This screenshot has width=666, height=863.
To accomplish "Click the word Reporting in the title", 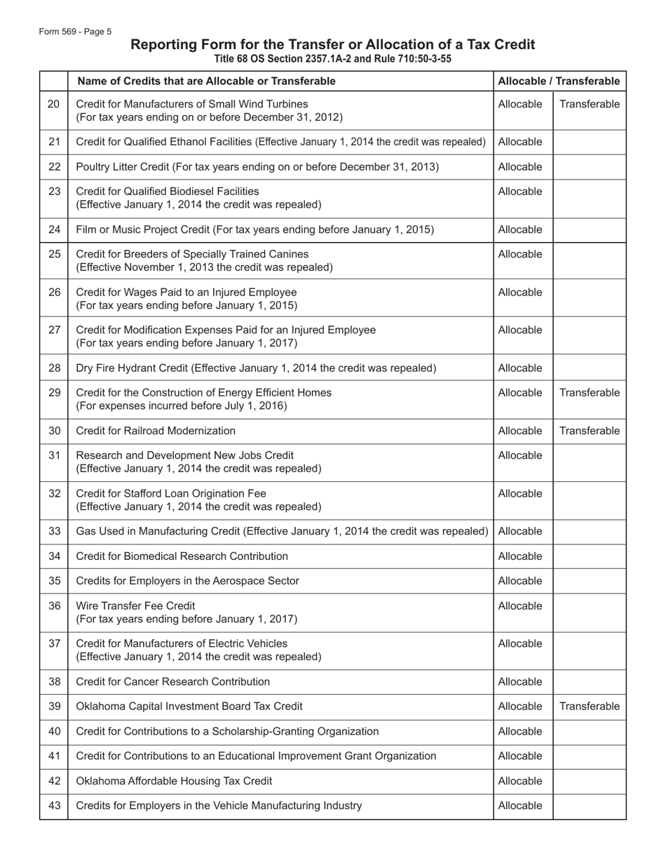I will pyautogui.click(x=163, y=45).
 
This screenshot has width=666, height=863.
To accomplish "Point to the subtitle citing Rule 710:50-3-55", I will pyautogui.click(x=332, y=59).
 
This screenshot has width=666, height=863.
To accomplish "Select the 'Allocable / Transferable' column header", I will pyautogui.click(x=559, y=81).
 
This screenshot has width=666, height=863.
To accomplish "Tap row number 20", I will pyautogui.click(x=54, y=105).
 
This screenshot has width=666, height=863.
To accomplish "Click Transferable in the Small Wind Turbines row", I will pyautogui.click(x=589, y=105).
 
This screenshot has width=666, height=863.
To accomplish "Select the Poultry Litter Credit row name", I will pyautogui.click(x=257, y=167).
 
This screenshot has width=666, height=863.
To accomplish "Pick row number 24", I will pyautogui.click(x=54, y=229).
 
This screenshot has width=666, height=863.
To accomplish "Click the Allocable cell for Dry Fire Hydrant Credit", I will pyautogui.click(x=520, y=368).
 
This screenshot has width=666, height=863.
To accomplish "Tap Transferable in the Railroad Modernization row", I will pyautogui.click(x=589, y=431).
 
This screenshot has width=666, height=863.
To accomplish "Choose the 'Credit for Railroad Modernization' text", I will pyautogui.click(x=156, y=431).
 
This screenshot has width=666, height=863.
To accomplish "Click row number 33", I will pyautogui.click(x=54, y=531).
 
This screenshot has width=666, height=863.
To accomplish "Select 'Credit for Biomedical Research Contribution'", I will pyautogui.click(x=182, y=556).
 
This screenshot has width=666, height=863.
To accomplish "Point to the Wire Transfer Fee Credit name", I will pyautogui.click(x=135, y=606).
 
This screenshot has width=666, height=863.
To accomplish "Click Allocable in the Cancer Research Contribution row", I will pyautogui.click(x=520, y=682).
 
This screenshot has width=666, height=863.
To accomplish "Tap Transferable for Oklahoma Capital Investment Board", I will pyautogui.click(x=589, y=707).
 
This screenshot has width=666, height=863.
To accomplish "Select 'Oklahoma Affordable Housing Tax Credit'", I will pyautogui.click(x=174, y=781).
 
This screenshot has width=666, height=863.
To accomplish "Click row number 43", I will pyautogui.click(x=54, y=805).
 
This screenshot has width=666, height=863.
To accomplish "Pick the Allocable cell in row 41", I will pyautogui.click(x=520, y=756).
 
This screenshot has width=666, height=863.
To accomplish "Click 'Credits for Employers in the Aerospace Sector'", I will pyautogui.click(x=187, y=581).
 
